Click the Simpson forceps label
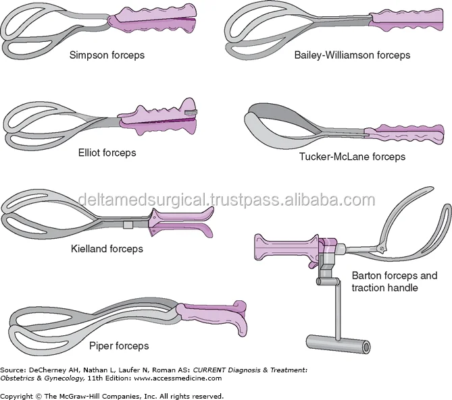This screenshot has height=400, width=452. pos(107,55)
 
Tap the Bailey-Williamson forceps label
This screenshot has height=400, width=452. pos(352,55)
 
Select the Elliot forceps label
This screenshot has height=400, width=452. pos(107,152)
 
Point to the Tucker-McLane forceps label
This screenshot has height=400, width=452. pos(352,156)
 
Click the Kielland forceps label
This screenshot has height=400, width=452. pos(107,249)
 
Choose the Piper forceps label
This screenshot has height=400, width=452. pos(119,347)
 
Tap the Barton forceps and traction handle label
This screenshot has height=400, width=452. pos(395,282)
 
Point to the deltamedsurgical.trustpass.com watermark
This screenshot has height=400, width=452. pos(226,200)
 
